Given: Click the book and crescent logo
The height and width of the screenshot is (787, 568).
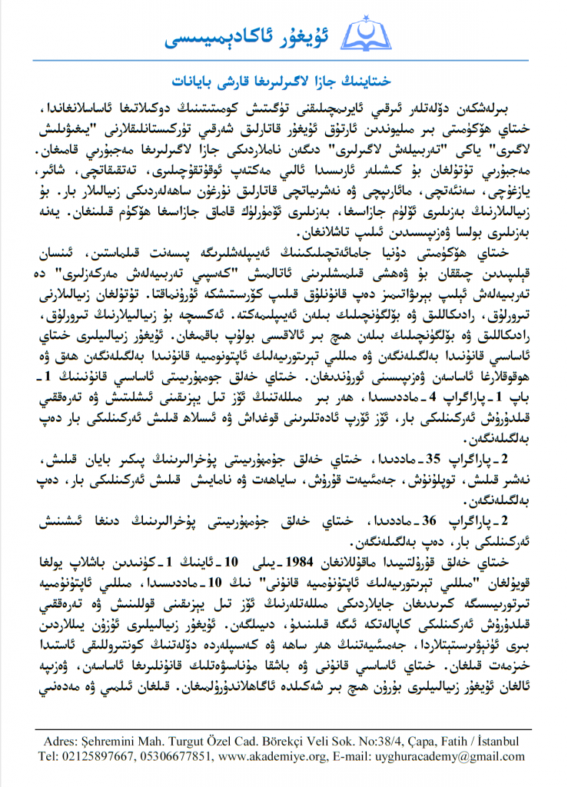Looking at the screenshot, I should click(x=370, y=35).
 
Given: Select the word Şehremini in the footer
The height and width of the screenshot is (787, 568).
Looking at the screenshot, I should click(x=121, y=742).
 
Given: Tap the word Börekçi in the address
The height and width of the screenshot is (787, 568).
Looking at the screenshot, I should click(x=306, y=742).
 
